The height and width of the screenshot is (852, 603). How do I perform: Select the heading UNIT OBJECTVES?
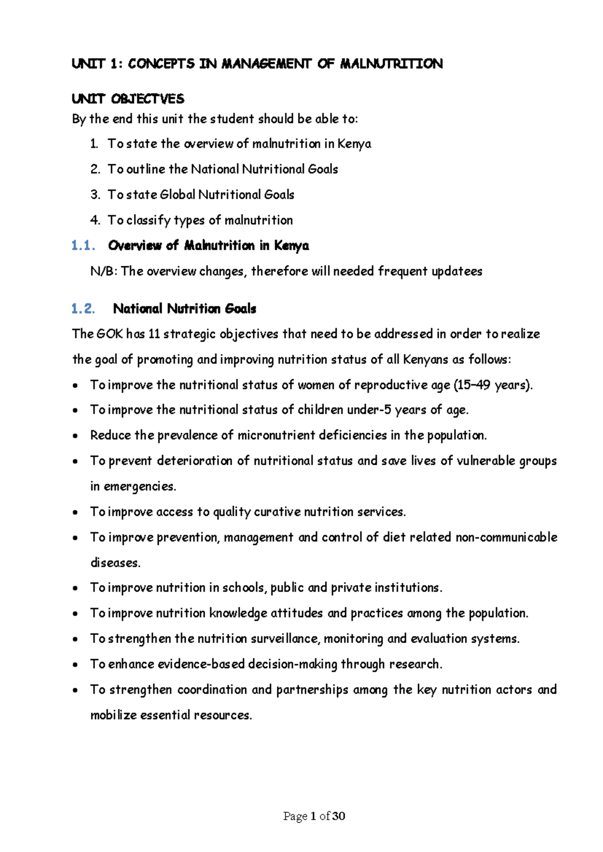click(128, 98)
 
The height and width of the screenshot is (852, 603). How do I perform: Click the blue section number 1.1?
click(83, 246)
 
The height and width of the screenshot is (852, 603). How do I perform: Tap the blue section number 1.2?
click(83, 308)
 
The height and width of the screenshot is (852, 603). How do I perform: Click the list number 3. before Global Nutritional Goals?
click(95, 195)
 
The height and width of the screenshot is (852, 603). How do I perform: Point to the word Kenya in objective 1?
click(354, 144)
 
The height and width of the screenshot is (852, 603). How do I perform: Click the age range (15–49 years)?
click(492, 385)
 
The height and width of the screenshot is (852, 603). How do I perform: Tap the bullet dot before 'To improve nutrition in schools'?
click(75, 588)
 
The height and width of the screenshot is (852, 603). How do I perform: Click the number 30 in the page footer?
click(339, 816)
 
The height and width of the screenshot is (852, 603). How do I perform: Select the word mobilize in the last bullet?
click(113, 715)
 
